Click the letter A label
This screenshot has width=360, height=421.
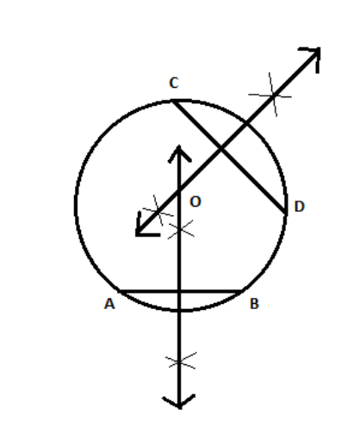coord(109,304)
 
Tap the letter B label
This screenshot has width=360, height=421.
coord(255,304)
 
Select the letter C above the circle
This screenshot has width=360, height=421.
coord(174,83)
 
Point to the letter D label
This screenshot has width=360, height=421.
coord(300,207)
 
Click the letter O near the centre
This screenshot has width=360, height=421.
coord(196,201)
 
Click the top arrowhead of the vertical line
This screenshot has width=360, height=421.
coord(179,153)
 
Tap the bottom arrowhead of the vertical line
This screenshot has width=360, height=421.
coord(179,401)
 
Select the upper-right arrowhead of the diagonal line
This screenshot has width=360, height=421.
coord(312,58)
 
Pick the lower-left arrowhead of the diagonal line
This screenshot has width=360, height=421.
coord(145,226)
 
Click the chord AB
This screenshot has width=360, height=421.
coord(181,292)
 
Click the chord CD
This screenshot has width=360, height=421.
coord(229,158)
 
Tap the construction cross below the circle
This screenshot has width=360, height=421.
coord(181,361)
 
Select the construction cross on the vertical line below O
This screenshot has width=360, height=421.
coord(181,229)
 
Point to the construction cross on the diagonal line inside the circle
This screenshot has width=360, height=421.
coord(158,211)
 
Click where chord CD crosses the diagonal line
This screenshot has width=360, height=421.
coord(220,149)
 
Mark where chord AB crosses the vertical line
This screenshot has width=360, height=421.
coord(179,292)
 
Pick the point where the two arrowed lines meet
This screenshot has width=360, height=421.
coord(179,190)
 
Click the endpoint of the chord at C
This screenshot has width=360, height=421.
coord(173,101)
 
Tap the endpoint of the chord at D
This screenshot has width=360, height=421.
coord(286,214)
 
